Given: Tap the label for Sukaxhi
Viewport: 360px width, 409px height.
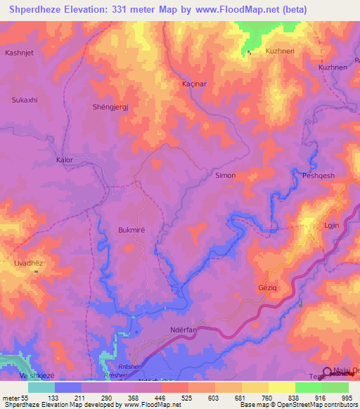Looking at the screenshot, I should coord(24,100).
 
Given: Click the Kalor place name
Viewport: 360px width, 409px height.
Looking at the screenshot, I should coord(64,160).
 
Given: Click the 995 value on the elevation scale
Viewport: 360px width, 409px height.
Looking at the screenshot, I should coord(345,398).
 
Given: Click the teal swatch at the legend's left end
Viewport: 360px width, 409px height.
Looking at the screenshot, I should coord(41,387).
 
